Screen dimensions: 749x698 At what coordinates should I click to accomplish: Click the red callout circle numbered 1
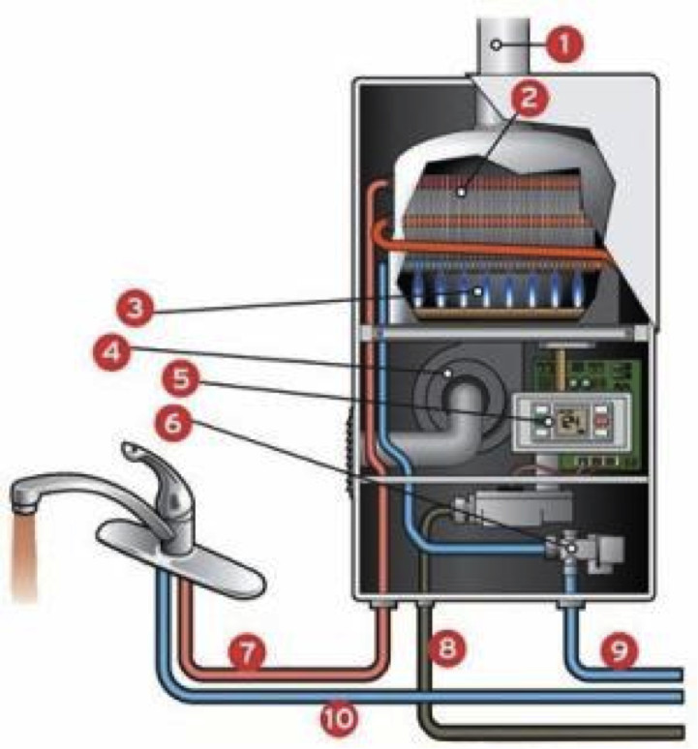565,44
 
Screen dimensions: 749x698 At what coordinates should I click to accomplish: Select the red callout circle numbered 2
531,98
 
